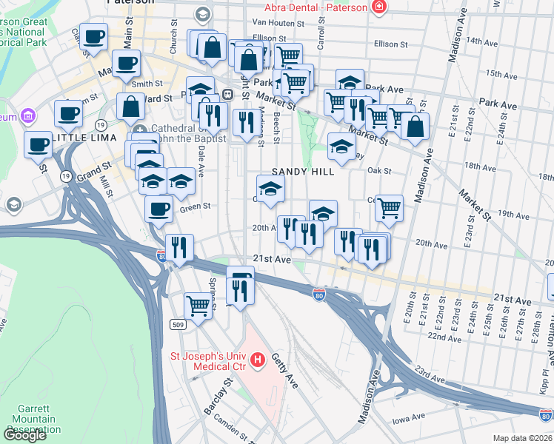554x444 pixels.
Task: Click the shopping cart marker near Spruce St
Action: coord(198,304)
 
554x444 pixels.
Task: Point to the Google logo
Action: coord(24,435)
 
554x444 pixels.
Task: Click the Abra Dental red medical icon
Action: coord(379,7)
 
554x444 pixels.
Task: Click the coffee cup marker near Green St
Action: coord(158,210)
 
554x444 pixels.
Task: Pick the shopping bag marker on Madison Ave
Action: coord(415,127)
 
